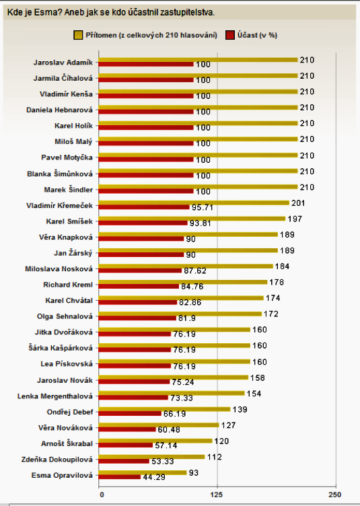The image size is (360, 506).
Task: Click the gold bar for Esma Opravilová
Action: click(143, 473)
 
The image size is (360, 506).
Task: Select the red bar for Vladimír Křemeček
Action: click(144, 207)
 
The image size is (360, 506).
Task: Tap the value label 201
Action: click(298, 203)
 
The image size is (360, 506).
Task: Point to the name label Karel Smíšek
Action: click(69, 221)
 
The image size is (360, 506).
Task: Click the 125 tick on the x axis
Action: click(217, 495)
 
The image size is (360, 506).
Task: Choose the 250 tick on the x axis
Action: click(335, 495)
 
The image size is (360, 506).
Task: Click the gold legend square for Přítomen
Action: click(78, 35)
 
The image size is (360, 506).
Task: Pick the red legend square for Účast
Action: click(230, 35)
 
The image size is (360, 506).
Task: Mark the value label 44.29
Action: click(154, 477)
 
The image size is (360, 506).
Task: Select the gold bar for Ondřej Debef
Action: click(164, 409)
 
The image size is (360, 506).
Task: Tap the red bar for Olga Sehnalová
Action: click(137, 318)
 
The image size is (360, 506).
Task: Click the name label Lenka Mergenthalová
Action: click(55, 396)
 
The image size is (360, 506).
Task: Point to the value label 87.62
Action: click(195, 270)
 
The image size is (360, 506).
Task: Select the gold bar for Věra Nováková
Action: click(159, 425)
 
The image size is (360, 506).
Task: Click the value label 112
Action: click(215, 457)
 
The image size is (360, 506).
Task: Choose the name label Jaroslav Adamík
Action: click(63, 63)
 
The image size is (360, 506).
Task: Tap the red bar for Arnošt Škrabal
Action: click(126, 445)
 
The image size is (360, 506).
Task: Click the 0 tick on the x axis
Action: click(102, 495)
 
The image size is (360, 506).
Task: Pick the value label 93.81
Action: click(201, 223)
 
